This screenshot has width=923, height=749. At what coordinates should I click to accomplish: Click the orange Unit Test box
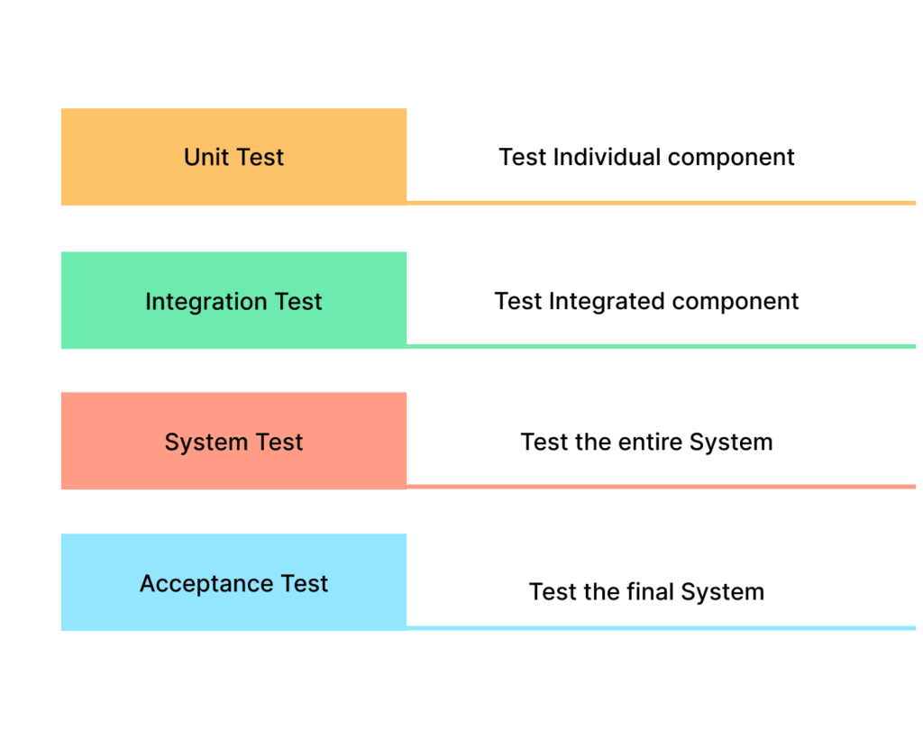(x=233, y=157)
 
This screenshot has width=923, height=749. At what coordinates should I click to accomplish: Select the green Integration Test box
(x=233, y=300)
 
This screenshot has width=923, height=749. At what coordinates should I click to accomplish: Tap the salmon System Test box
(x=233, y=441)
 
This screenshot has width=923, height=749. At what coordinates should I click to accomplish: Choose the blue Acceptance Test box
(x=233, y=582)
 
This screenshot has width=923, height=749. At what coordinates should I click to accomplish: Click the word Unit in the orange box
(x=206, y=157)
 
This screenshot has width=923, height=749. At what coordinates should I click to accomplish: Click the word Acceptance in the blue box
(x=206, y=584)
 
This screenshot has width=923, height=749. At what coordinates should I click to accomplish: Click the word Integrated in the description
(x=607, y=301)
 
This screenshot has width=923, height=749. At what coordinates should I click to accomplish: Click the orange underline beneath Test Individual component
(x=661, y=203)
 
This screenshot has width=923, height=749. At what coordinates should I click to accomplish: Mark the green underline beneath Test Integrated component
(x=661, y=346)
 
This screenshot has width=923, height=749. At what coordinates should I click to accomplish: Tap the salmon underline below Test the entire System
(x=661, y=487)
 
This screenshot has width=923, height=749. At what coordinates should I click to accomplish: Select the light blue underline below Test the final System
(x=661, y=628)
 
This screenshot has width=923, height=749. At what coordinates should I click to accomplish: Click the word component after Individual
(x=731, y=159)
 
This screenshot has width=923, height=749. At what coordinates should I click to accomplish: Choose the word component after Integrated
(x=736, y=302)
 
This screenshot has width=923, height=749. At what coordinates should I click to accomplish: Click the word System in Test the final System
(x=723, y=592)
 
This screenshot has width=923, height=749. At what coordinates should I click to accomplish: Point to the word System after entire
(x=731, y=443)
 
